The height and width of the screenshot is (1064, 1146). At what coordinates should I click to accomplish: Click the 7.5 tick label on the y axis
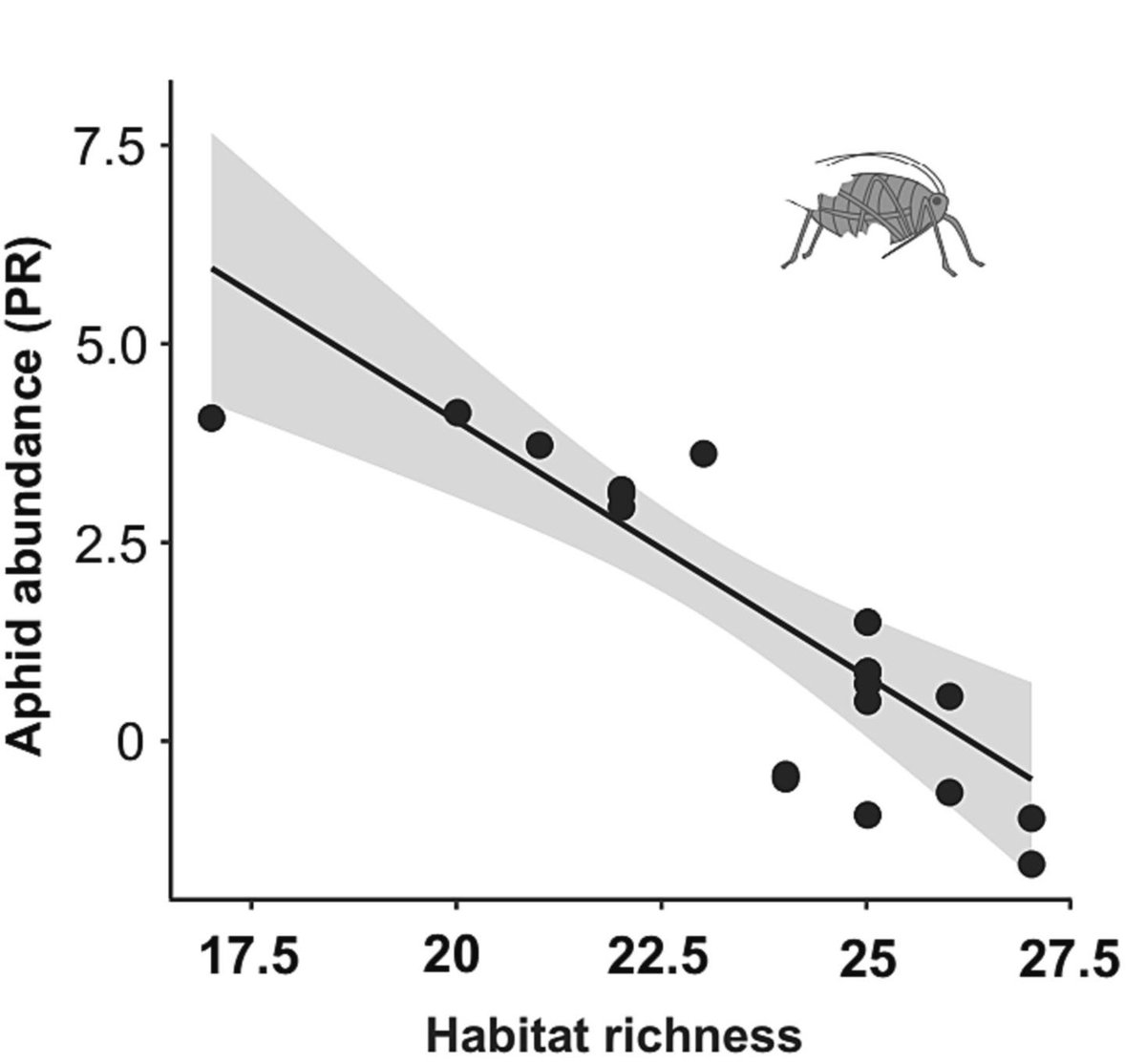[x=108, y=145]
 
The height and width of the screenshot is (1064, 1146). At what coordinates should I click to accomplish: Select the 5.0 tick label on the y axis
[x=108, y=344]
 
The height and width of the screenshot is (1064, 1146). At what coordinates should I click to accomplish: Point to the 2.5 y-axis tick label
[x=108, y=543]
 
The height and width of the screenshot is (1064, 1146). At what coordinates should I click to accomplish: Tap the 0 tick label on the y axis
[x=133, y=742]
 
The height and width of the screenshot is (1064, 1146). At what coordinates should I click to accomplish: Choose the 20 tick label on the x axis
[x=456, y=958]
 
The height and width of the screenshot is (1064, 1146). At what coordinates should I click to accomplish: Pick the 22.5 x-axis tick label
[x=660, y=958]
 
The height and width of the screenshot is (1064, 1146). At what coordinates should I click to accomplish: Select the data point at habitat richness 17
[x=211, y=418]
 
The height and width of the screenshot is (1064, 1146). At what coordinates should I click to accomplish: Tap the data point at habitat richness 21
[x=540, y=444]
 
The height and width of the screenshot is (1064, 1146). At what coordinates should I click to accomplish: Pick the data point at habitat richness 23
[x=703, y=454]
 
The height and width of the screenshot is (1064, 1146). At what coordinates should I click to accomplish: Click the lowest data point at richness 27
[x=1030, y=864]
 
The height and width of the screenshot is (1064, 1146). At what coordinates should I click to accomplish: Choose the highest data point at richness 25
[x=867, y=622]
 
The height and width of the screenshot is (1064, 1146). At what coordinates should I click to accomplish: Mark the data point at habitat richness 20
[x=457, y=413]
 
